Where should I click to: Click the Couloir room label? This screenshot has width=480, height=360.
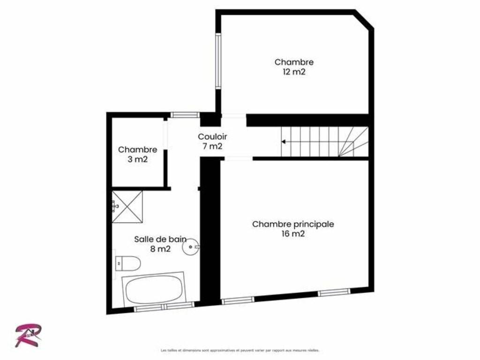(212, 136)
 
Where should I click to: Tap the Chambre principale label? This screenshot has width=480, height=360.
(293, 224)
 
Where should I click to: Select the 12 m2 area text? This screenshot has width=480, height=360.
(294, 72)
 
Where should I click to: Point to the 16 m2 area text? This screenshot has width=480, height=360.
(293, 234)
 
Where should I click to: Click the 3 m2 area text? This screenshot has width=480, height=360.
(137, 159)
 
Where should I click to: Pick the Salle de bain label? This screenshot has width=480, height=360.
(160, 239)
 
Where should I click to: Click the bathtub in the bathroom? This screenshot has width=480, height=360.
(154, 288)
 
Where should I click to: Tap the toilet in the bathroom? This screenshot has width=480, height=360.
(128, 263)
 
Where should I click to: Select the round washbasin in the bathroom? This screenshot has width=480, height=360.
(191, 247)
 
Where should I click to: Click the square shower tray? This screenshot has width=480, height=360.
(127, 207)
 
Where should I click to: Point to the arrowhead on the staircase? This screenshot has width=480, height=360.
(284, 142)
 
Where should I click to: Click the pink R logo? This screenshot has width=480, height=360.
(28, 335)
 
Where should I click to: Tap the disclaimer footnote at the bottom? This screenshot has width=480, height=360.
(240, 350)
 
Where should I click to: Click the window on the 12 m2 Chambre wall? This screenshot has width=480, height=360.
(218, 61)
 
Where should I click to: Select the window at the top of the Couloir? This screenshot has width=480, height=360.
(185, 115)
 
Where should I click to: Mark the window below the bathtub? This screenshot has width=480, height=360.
(164, 306)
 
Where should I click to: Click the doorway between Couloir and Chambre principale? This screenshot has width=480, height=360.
(239, 158)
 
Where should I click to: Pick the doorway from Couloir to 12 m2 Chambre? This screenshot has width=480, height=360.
(233, 116)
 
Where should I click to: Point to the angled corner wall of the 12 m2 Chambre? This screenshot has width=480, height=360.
(364, 19)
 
